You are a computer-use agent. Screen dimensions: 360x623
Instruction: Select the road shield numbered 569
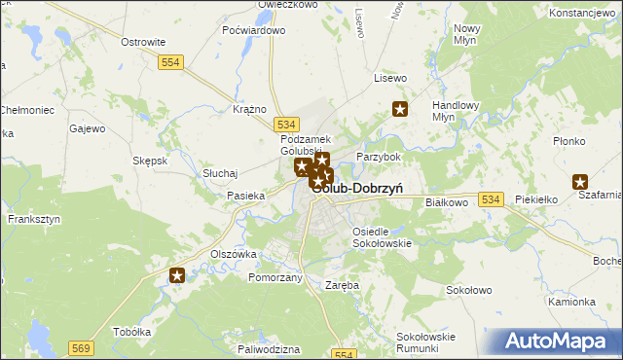81,346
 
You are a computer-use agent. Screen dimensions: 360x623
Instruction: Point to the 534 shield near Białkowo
490,199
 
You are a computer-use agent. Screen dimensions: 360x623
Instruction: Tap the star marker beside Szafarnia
580,181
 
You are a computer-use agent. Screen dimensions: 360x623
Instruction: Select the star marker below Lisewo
399,109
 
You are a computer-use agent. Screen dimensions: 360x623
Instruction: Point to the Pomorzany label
275,277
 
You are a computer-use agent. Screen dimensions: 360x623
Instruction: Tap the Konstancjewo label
584,14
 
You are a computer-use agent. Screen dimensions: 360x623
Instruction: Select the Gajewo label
87,128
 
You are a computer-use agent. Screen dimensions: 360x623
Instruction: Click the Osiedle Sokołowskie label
381,237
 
